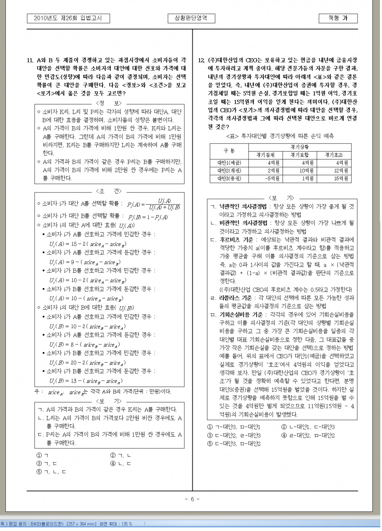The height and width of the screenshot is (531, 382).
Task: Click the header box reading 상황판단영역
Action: (191, 18)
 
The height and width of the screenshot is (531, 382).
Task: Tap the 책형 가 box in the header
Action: (338, 18)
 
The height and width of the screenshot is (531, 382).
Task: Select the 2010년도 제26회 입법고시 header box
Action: (68, 18)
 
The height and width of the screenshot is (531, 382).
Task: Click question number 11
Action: (30, 60)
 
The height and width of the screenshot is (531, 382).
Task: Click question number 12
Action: (202, 60)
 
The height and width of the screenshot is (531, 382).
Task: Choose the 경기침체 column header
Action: (265, 155)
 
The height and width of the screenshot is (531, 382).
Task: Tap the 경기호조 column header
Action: (334, 155)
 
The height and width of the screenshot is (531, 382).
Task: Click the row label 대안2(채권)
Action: (229, 171)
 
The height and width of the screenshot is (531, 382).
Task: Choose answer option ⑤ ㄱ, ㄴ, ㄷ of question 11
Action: (51, 472)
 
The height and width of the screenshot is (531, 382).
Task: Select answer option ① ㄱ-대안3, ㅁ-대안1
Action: (234, 427)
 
